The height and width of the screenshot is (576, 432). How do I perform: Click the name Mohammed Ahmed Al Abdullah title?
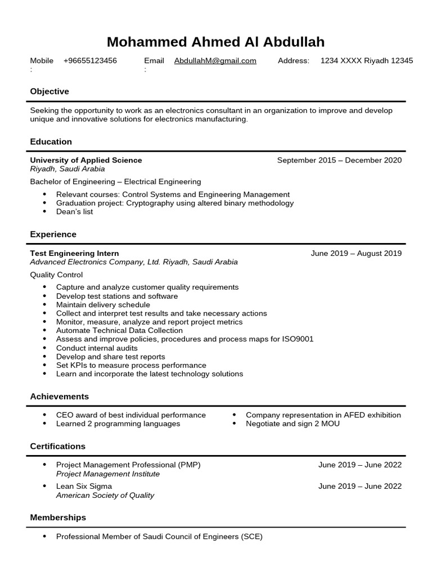[x=215, y=42]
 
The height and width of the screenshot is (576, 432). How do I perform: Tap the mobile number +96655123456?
[x=90, y=61]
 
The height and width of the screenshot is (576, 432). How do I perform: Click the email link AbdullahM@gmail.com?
[x=215, y=61]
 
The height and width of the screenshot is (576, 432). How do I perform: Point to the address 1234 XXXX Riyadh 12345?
[x=366, y=61]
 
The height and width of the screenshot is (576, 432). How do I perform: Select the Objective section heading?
[x=49, y=91]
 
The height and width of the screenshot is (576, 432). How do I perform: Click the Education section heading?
[x=51, y=142]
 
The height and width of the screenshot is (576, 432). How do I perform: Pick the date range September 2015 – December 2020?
[x=339, y=160]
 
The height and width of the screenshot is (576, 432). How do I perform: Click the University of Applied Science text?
[x=86, y=160]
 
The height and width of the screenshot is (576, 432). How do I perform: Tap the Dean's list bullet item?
[x=74, y=212]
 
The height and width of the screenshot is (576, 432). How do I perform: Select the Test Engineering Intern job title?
[x=74, y=253]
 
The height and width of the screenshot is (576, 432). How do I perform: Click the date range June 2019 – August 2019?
[x=356, y=253]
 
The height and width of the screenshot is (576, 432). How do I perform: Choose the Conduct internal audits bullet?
[x=97, y=348]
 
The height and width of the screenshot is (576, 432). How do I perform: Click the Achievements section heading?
[x=59, y=397]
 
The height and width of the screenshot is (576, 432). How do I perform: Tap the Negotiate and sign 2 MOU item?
[x=292, y=424]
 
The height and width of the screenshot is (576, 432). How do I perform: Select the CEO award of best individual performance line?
[x=130, y=415]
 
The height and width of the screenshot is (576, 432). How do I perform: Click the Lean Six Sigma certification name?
[x=84, y=486]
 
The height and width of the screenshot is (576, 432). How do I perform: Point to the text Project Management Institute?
[x=108, y=474]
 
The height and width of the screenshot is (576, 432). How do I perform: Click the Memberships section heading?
[x=58, y=517]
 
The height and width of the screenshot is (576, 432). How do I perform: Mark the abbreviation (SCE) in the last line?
[x=251, y=537]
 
